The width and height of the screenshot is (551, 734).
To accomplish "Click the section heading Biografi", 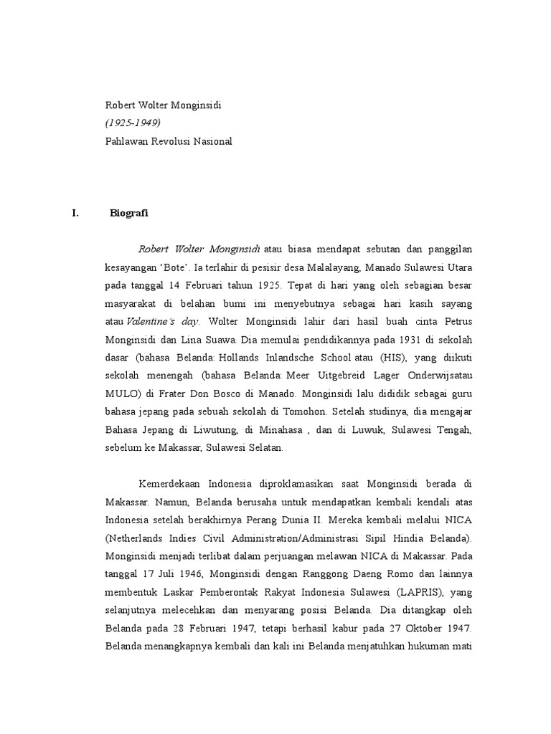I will point(129,213).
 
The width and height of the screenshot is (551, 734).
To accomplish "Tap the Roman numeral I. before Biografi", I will point(74,213).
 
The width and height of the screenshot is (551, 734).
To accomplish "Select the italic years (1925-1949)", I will point(133,123).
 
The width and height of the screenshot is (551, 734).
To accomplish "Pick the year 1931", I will point(386,340).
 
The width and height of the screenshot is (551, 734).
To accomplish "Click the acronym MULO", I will point(121,394).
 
